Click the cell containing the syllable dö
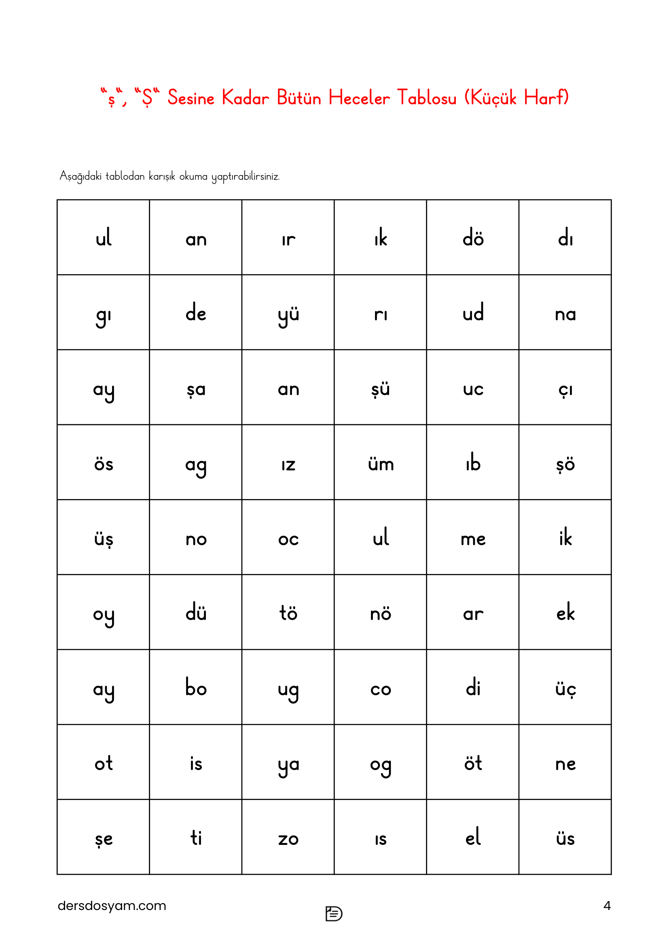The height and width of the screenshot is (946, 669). (x=472, y=238)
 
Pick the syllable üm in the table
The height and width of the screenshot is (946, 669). (x=381, y=464)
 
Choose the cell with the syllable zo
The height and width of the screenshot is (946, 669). (x=288, y=838)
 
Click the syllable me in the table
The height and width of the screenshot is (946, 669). (x=472, y=539)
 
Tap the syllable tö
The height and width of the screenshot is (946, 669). (x=288, y=613)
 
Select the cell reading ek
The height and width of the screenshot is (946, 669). (x=565, y=613)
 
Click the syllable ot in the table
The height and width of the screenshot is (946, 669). (x=104, y=764)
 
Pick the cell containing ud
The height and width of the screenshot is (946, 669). (x=472, y=313)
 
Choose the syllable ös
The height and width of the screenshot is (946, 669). (x=104, y=464)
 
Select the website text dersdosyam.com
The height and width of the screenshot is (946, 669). (x=112, y=906)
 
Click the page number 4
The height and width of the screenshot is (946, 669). (x=606, y=906)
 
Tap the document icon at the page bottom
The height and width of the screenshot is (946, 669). (x=334, y=914)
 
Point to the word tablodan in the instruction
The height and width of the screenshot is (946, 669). (x=125, y=176)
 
